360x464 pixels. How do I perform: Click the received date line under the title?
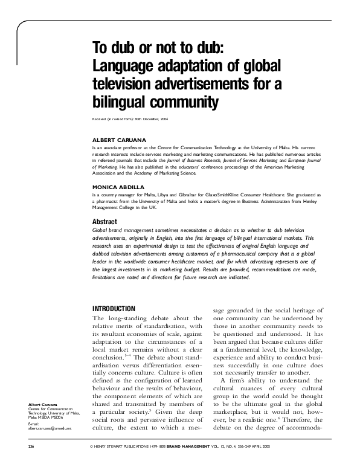[x=130, y=119]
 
